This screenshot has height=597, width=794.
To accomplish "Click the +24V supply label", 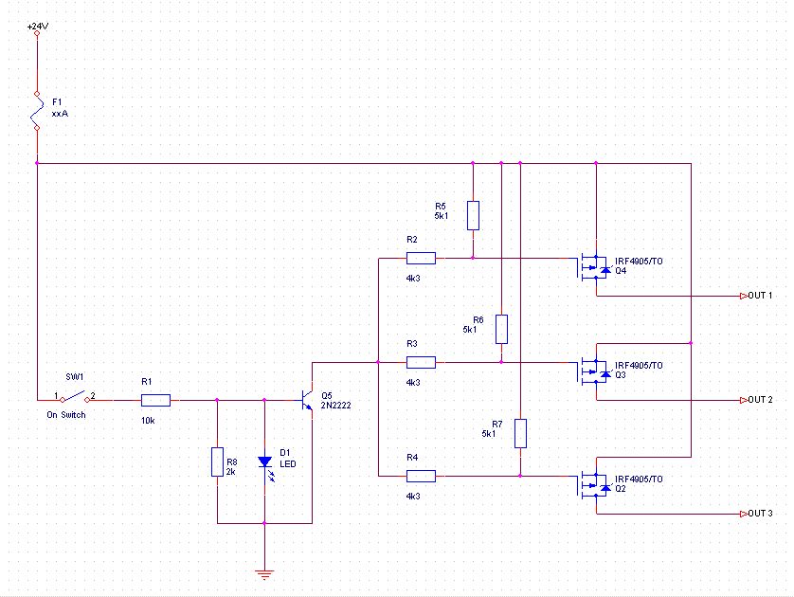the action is tap(38, 27).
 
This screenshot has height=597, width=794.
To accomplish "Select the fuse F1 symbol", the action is tap(37, 111).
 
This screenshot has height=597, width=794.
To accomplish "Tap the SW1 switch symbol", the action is tap(75, 396).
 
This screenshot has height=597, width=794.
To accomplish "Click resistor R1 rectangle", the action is tap(155, 401).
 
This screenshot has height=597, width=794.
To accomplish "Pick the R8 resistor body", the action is tap(217, 461).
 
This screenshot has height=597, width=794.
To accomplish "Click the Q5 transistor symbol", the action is tap(308, 401).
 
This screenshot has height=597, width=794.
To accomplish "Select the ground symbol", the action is tap(264, 574).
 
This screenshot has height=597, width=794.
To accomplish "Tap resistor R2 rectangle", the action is tap(421, 259).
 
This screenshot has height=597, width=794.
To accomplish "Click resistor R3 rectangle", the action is tap(421, 363).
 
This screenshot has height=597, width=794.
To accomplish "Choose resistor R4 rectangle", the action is tap(421, 476).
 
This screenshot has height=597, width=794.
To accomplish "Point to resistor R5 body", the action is tap(473, 216).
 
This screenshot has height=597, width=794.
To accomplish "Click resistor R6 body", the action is tap(501, 329).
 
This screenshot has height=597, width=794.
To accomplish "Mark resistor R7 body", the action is tap(520, 433).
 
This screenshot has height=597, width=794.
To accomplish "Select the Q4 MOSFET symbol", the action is tap(593, 267).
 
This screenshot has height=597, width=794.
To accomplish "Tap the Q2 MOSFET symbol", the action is tap(593, 485).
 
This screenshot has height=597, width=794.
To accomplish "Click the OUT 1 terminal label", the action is tap(760, 296).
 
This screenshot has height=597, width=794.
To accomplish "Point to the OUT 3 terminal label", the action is tap(760, 514).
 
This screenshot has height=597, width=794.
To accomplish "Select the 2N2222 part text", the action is tap(335, 405).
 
